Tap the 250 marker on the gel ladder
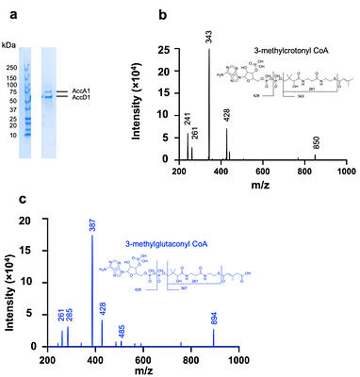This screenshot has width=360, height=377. pyautogui.click(x=11, y=67)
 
